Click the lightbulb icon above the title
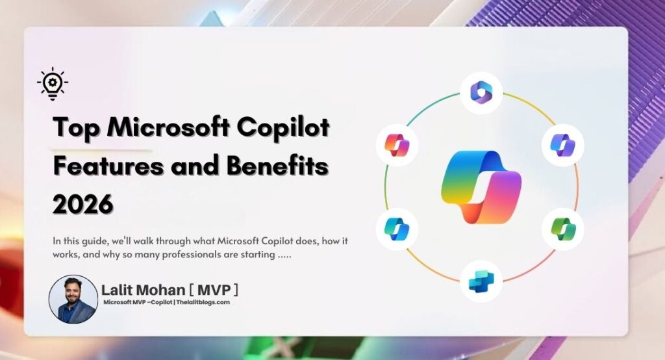tap(53, 84)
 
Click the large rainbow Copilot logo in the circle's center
tap(481, 186)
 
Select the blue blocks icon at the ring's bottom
tap(481, 281)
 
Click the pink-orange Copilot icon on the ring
tap(397, 144)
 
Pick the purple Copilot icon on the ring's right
tap(563, 144)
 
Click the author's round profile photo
tap(73, 299)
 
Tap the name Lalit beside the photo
tap(119, 290)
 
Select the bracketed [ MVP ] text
tap(218, 290)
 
